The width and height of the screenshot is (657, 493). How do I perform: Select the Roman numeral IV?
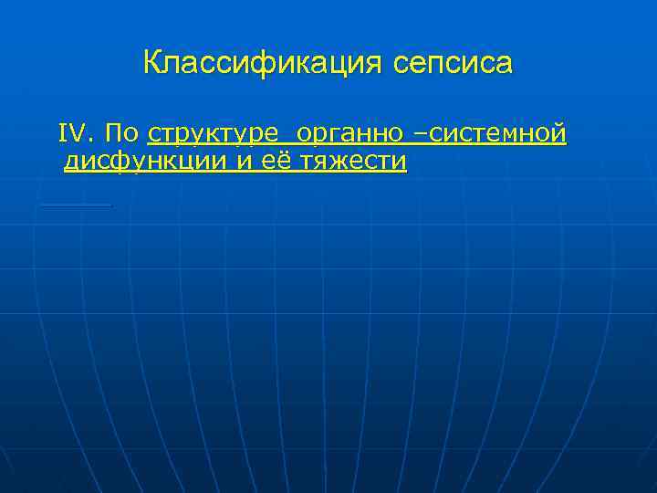(73, 134)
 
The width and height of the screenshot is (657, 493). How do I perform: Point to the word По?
(121, 134)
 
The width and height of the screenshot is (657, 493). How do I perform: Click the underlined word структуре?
(214, 134)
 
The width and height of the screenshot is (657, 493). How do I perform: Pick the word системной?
(497, 134)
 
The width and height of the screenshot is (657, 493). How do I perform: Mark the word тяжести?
(347, 163)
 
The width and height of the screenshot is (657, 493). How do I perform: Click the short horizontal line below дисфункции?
(76, 205)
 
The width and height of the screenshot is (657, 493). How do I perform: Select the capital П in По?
(113, 134)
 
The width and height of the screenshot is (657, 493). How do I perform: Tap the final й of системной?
(558, 134)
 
